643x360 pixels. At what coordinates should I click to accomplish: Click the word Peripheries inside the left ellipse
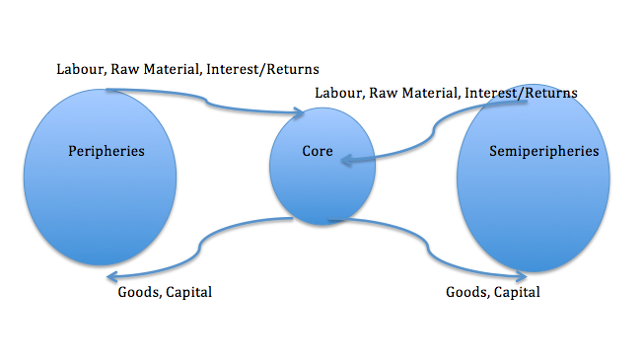[x=107, y=151]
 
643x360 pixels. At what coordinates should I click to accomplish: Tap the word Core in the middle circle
[x=318, y=153]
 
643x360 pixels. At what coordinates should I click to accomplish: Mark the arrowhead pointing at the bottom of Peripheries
[x=109, y=276]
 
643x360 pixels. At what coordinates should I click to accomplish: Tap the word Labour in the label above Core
[x=337, y=93]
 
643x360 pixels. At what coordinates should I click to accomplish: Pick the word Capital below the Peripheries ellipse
[x=188, y=292]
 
